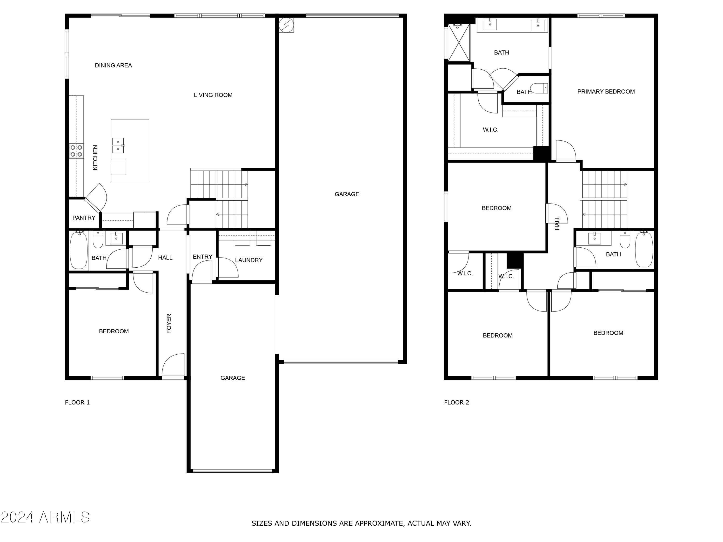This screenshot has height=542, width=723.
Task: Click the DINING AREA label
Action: click(113, 65)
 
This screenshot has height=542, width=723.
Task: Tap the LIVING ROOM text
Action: click(213, 95)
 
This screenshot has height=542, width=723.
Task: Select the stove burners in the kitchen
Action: click(76, 151)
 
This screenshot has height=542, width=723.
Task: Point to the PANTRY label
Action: click(84, 218)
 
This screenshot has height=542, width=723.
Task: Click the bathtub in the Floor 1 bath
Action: click(78, 250)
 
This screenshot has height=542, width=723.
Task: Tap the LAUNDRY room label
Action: click(248, 260)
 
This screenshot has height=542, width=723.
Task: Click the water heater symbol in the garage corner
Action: click(286, 25)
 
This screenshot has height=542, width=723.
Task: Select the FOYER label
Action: click(169, 324)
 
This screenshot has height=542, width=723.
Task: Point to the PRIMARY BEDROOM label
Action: click(606, 92)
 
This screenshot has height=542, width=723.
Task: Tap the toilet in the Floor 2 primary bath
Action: click(539, 88)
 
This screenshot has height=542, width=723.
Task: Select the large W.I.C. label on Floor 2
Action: click(490, 130)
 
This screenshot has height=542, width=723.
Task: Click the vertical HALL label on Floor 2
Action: click(557, 223)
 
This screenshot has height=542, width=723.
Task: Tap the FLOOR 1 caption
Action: click(77, 403)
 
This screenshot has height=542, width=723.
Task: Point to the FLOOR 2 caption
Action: click(456, 403)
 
